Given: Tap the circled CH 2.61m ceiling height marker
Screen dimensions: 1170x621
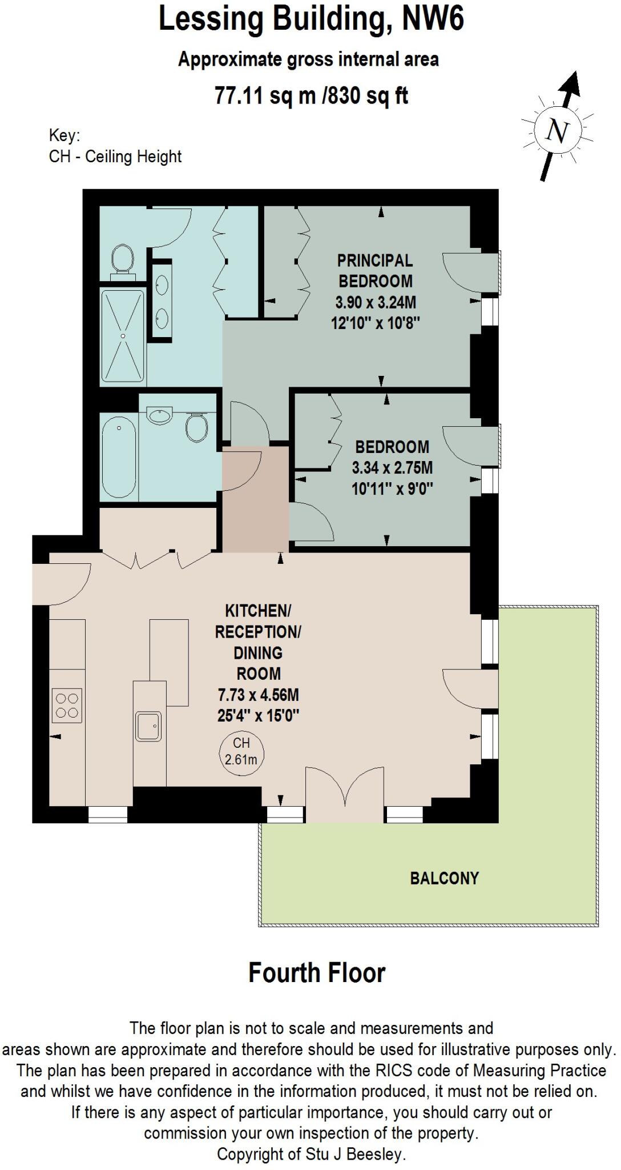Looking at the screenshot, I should [x=241, y=751].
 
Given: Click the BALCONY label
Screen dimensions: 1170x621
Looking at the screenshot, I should [x=444, y=878].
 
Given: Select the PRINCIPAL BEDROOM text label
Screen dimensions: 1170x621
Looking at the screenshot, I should [x=375, y=271].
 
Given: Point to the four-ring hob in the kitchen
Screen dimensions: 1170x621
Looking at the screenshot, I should [x=66, y=706].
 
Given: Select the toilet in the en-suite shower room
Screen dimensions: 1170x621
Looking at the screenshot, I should [x=122, y=259].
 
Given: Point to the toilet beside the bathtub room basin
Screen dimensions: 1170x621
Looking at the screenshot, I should [x=197, y=426].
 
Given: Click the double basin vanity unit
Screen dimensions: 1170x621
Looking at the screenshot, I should [x=162, y=301].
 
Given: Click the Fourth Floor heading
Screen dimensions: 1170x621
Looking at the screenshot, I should [x=317, y=973].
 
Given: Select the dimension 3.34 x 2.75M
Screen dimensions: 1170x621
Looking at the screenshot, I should [x=392, y=468].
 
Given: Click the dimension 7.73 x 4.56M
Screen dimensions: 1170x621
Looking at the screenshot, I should [x=258, y=695].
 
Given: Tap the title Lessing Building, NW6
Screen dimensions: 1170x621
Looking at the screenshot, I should [x=311, y=19].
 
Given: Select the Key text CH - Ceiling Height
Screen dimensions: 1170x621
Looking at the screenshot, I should [x=115, y=157].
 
